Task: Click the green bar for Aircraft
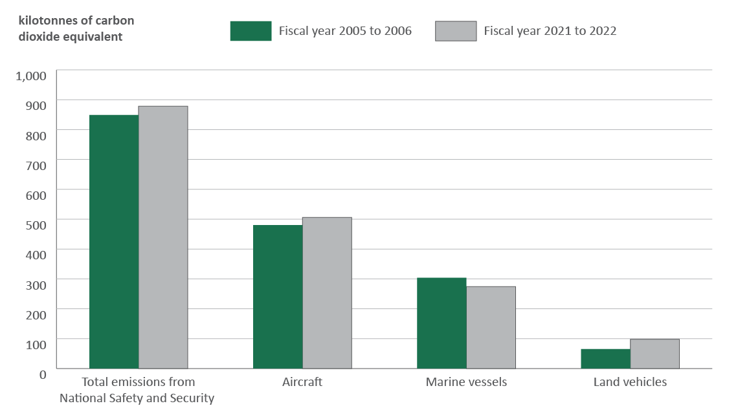coord(278,297)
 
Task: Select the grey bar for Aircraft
coord(327,293)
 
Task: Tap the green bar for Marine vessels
coord(442,323)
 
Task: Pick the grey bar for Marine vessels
coord(491,327)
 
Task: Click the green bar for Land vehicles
coord(605,358)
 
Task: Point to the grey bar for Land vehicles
coord(654,354)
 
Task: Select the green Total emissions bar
coord(114,241)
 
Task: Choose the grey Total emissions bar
coord(163,237)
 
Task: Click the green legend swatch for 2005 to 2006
coord(251,31)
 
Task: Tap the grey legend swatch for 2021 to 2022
coord(456,31)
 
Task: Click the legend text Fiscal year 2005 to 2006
coord(345,31)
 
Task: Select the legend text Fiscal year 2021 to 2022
coord(550,31)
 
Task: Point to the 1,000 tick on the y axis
coord(31,76)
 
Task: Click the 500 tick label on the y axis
coord(36,224)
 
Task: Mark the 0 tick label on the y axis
coord(43,374)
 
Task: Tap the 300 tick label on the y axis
coord(36,284)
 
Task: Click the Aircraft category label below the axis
coord(302,382)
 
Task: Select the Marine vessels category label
coord(466,382)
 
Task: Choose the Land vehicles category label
coord(630,382)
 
